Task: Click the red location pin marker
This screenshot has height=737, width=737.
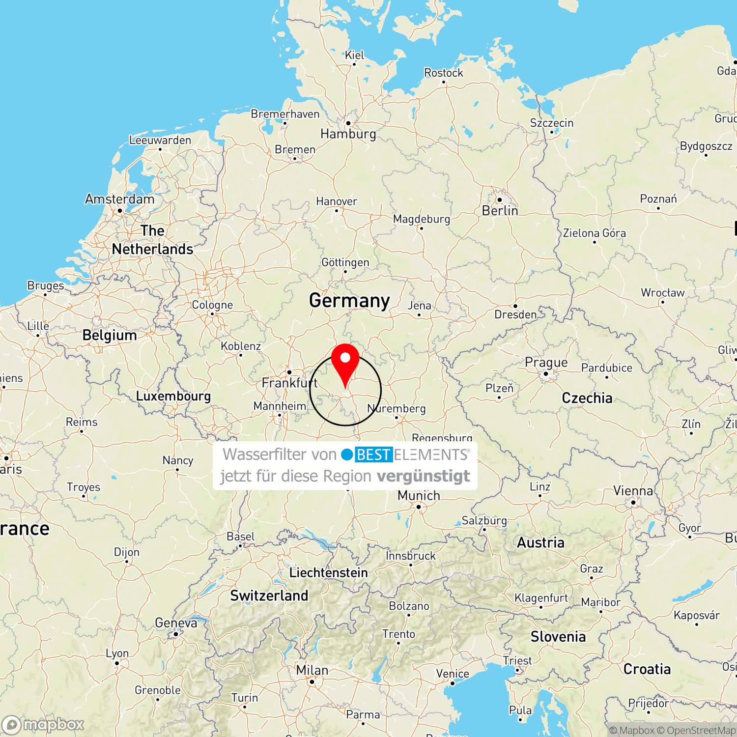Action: click(x=345, y=361)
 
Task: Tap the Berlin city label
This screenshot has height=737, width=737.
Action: click(x=500, y=211)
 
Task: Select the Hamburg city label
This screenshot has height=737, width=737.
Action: click(x=348, y=134)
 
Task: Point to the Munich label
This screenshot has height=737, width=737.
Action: click(x=419, y=495)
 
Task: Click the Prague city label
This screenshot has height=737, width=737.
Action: click(x=546, y=363)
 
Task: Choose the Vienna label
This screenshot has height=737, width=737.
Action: click(x=633, y=491)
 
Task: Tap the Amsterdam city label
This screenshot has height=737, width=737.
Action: click(x=119, y=199)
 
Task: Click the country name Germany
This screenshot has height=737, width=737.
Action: click(x=349, y=300)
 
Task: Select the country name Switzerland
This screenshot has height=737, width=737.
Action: click(x=269, y=595)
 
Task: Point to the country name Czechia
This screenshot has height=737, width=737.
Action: click(x=587, y=397)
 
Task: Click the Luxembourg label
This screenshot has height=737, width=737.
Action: click(x=173, y=396)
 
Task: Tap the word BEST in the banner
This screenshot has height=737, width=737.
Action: click(x=373, y=455)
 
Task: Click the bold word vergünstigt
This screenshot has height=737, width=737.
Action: click(x=423, y=476)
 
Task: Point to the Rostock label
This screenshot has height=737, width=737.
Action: click(x=443, y=73)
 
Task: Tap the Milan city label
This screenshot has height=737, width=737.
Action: click(x=312, y=670)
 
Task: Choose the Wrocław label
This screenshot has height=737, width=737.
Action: click(x=662, y=293)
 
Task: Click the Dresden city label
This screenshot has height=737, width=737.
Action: click(x=515, y=314)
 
